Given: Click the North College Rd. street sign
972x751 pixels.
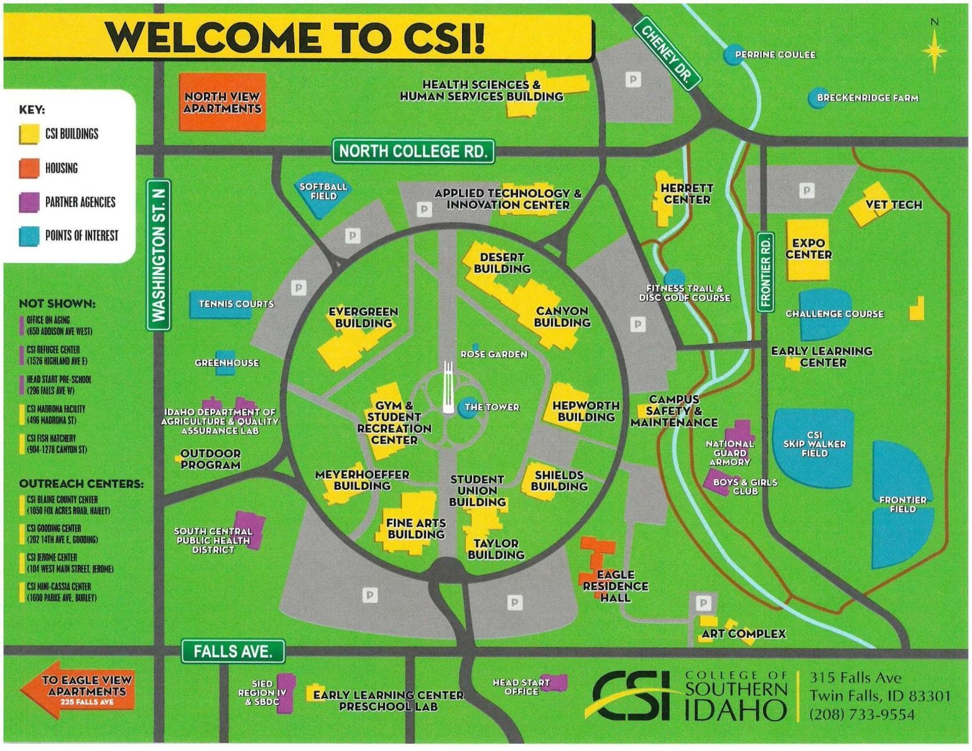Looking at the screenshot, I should coord(413,151).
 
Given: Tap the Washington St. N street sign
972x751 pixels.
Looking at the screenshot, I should coord(159,255).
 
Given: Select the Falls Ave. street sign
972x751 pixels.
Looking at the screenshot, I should coord(233,651).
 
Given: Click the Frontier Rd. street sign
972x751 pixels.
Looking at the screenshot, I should coord(766,271).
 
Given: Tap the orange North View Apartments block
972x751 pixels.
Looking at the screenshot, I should coord(222,103).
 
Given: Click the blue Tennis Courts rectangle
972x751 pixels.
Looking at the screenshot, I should coord(221,304).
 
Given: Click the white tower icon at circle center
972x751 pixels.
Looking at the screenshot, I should coord(448,389).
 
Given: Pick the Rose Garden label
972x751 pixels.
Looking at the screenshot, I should coord(494,354).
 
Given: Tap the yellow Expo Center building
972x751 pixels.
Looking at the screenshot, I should coord(808,249).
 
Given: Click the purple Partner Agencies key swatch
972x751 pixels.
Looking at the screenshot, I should coord(29,202).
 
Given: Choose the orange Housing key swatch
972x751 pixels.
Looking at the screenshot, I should coord(29,168).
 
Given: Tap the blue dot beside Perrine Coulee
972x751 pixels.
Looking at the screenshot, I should coord(733,54).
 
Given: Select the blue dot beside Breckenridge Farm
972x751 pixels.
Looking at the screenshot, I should coord(816,98).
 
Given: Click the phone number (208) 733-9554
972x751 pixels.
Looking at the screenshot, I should coord(862,715).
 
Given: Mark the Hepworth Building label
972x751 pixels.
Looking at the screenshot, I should coord(586,411).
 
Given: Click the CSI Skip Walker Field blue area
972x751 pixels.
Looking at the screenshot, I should coord(813,445).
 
